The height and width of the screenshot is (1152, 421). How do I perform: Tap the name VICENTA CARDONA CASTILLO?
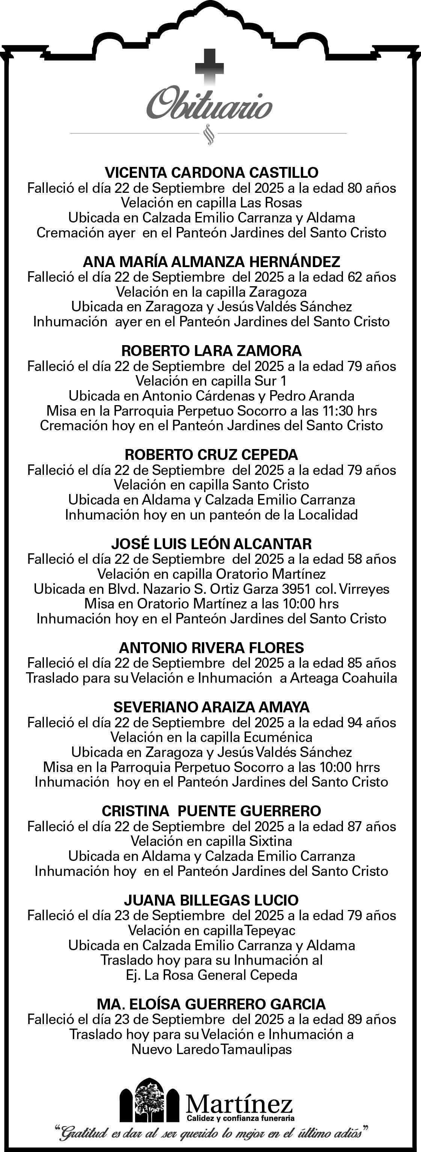211,173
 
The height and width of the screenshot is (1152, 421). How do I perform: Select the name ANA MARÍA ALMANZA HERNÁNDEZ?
211,261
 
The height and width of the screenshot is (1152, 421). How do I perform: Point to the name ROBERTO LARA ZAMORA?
211,351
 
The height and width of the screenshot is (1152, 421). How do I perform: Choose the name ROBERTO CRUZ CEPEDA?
211,455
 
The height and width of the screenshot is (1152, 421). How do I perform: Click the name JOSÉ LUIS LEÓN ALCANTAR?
211,544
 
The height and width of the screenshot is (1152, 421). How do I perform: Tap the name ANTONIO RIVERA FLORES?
211,647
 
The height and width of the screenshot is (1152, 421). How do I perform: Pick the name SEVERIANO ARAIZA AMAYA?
211,707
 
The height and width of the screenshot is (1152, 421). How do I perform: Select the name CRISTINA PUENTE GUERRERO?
211,811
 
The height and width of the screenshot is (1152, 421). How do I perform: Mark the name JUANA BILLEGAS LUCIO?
211,900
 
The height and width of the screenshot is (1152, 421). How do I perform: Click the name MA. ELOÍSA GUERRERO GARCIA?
211,1004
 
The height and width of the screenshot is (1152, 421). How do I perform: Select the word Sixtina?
270,841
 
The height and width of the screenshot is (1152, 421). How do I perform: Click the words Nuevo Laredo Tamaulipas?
211,1049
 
